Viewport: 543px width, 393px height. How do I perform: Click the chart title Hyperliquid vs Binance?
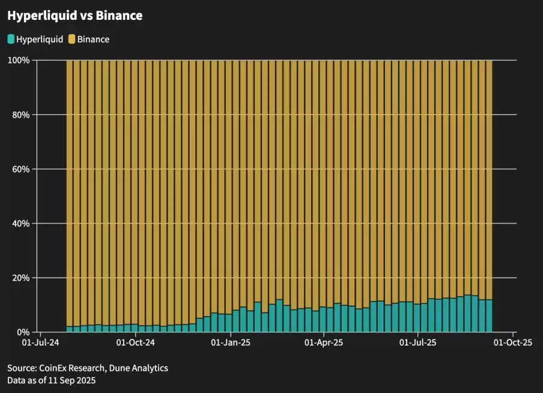[75, 16]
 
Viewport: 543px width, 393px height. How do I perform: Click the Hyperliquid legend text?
[40, 39]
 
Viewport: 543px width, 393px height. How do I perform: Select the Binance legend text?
[93, 39]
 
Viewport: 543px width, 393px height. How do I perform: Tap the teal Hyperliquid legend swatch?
[11, 39]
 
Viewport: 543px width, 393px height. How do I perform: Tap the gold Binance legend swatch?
[71, 39]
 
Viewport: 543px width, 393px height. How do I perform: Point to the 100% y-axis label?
[19, 60]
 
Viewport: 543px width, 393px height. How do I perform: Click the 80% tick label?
[22, 114]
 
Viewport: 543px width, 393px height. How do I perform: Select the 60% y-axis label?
[22, 169]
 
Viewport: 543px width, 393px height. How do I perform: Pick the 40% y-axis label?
[22, 224]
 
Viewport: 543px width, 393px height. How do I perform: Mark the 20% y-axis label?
[22, 278]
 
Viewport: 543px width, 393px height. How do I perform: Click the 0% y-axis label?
[24, 332]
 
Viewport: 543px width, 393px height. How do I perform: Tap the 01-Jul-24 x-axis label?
[40, 343]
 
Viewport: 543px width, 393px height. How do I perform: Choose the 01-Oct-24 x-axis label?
[135, 343]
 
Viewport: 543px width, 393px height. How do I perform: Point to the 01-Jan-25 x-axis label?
[230, 343]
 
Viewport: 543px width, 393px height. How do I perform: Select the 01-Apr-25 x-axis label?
[324, 343]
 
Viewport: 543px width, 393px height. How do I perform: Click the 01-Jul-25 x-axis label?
[418, 343]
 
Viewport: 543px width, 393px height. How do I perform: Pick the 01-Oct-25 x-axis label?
[513, 343]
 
